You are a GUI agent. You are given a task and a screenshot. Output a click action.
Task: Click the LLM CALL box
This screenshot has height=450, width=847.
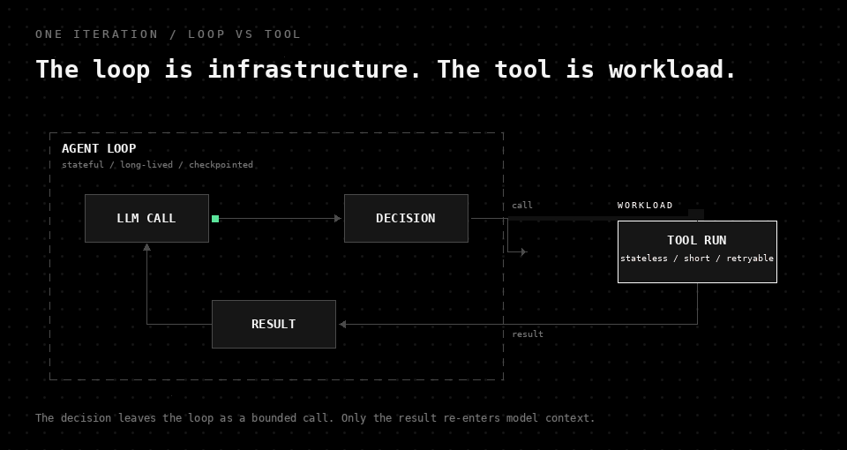[147, 218]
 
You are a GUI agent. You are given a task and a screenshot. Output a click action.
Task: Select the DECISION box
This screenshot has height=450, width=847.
[406, 218]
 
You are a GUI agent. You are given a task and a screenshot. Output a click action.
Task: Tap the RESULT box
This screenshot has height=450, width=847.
[274, 324]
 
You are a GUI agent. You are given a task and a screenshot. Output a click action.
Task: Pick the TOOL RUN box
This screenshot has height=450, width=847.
[697, 251]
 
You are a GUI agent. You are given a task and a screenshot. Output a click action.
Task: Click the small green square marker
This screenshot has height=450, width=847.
[215, 219]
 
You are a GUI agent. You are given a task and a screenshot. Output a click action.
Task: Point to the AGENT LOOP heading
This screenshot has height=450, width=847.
[99, 148]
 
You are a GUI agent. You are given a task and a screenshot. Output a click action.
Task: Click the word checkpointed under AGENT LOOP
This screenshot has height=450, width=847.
[221, 165]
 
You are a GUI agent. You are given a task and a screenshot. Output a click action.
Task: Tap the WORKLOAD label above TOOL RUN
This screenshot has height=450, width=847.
[645, 206]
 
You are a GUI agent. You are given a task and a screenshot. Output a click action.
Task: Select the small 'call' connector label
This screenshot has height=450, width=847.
[522, 206]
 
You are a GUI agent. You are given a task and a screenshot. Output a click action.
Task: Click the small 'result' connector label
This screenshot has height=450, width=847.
[528, 334]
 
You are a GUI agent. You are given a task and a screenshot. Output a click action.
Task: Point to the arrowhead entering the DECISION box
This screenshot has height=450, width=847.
[338, 218]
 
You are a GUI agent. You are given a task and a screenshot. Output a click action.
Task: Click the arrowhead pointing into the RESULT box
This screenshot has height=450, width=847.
[342, 324]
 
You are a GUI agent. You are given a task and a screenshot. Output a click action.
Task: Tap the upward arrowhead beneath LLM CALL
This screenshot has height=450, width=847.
[147, 247]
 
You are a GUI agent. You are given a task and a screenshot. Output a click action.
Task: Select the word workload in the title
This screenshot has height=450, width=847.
[673, 70]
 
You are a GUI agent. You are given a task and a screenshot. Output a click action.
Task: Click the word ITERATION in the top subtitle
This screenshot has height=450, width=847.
[116, 34]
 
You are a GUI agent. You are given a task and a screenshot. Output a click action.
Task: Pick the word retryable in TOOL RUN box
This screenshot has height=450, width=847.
[750, 259]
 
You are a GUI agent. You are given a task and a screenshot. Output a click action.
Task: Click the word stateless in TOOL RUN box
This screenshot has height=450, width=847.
[644, 259]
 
